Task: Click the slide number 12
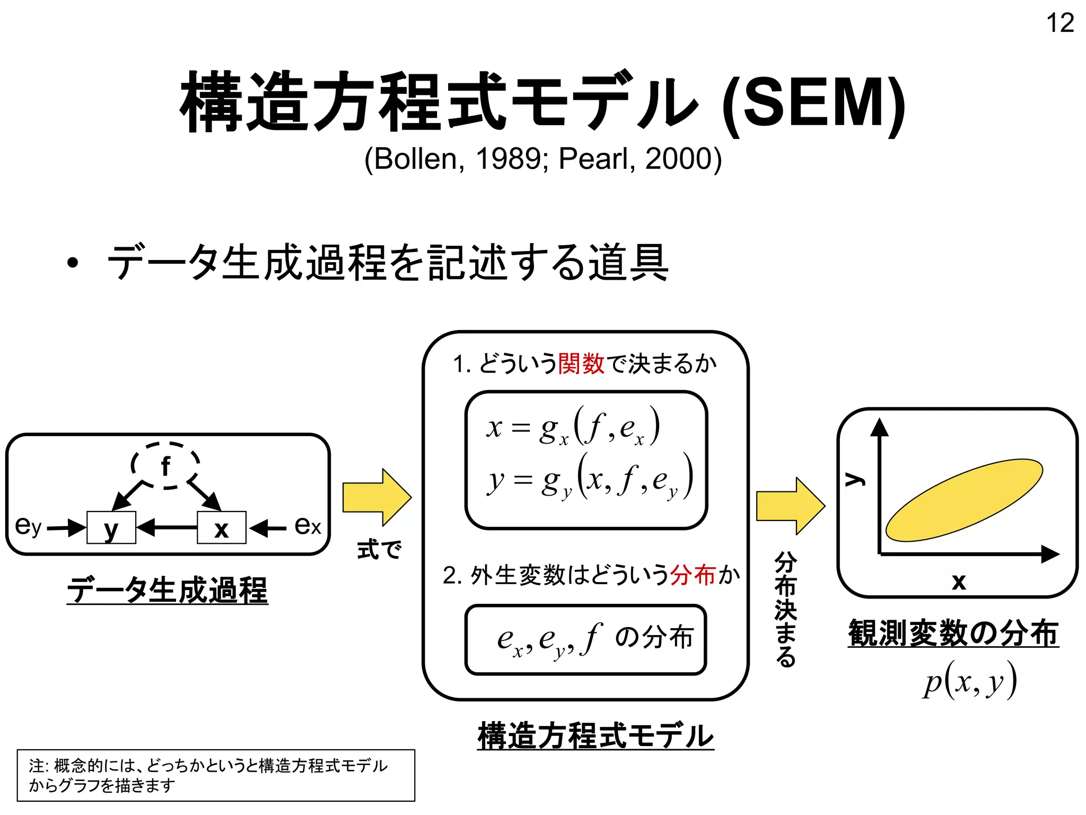pyautogui.click(x=1059, y=23)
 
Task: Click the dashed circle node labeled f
pyautogui.click(x=165, y=465)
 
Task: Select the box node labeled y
pyautogui.click(x=111, y=527)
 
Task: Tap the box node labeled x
pyautogui.click(x=221, y=527)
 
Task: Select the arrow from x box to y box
pyautogui.click(x=167, y=527)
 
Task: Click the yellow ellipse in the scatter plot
pyautogui.click(x=964, y=500)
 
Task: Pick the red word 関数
pyautogui.click(x=581, y=364)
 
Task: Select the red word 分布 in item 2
pyautogui.click(x=693, y=575)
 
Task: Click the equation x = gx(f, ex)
pyautogui.click(x=573, y=428)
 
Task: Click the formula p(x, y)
pyautogui.click(x=969, y=681)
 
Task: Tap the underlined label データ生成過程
pyautogui.click(x=168, y=589)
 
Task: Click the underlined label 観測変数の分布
pyautogui.click(x=953, y=632)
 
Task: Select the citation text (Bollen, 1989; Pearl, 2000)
pyautogui.click(x=542, y=159)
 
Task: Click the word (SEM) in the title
pyautogui.click(x=814, y=103)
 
